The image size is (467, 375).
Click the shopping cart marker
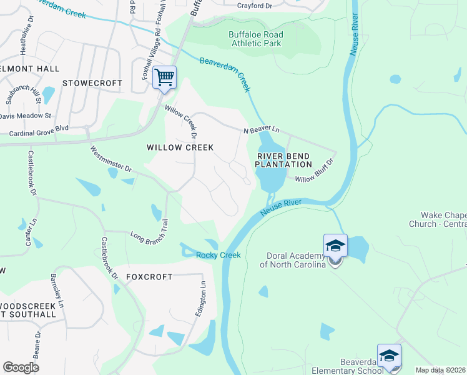164,78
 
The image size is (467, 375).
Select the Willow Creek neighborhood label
180,147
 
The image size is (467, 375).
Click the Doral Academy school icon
335,246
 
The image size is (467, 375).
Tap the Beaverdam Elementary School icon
389,356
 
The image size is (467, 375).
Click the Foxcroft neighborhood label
149,276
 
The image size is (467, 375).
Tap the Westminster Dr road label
111,159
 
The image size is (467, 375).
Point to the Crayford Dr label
255,6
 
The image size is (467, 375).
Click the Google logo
21,367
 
